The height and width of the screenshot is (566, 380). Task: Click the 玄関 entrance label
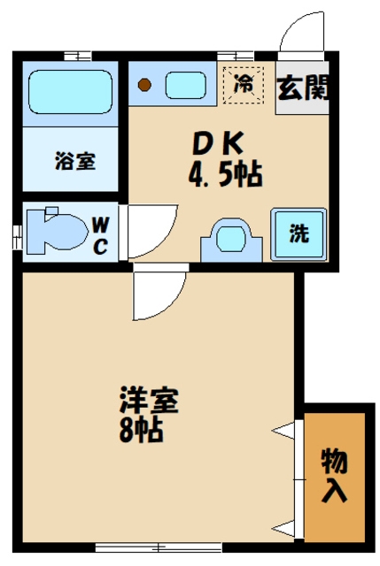click(303, 88)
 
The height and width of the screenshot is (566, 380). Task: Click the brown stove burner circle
click(147, 87)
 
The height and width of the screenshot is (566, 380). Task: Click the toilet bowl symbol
click(53, 231)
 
